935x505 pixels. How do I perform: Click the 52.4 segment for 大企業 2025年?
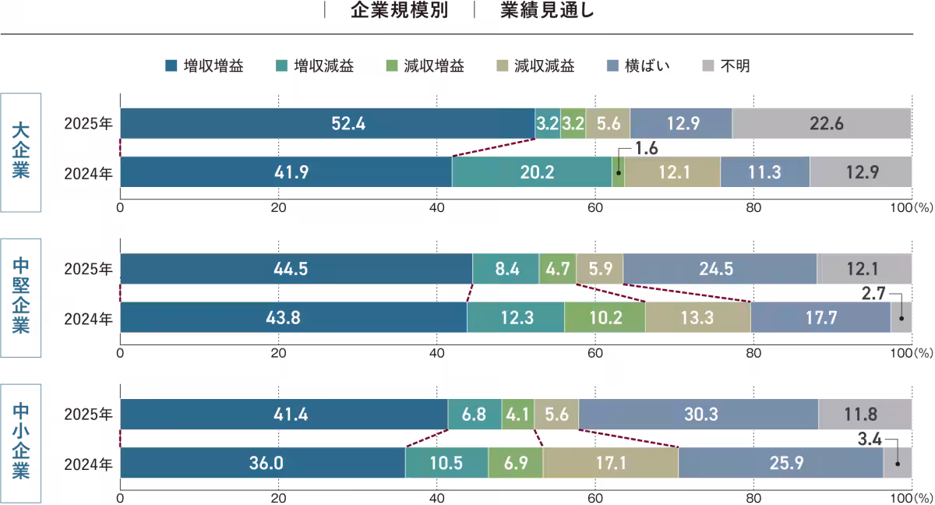[x=327, y=123]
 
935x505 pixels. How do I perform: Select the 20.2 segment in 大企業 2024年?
[x=531, y=172]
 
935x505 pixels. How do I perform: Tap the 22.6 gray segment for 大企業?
[x=822, y=123]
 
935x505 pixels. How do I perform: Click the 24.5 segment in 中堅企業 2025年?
[x=719, y=269]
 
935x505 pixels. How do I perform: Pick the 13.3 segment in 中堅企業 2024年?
[x=697, y=317]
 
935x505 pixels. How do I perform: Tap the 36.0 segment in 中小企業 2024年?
[x=263, y=463]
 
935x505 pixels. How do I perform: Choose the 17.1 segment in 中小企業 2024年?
[x=610, y=463]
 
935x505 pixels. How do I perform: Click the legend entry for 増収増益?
[x=205, y=66]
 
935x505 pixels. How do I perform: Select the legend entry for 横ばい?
[x=637, y=66]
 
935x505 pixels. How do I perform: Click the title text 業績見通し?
[x=549, y=11]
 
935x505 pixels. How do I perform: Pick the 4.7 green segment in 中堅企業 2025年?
[x=557, y=269]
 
